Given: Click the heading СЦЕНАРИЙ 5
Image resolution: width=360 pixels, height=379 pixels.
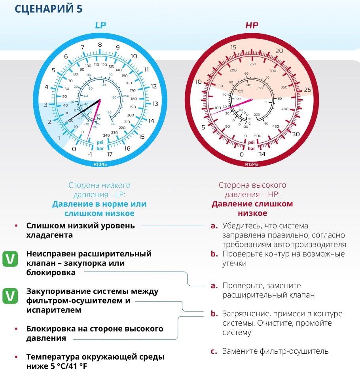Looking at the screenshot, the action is click(x=48, y=9).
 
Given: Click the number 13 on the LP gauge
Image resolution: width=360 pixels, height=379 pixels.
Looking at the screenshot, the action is click(x=155, y=104).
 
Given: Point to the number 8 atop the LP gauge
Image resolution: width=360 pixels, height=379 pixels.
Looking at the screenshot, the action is click(x=100, y=45).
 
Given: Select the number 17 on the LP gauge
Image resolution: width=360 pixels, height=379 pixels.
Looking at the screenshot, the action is click(x=110, y=155).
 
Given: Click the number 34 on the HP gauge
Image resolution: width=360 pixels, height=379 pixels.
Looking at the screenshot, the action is click(x=262, y=154).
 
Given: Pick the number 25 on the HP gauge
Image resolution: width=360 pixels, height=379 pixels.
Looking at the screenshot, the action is click(x=307, y=90).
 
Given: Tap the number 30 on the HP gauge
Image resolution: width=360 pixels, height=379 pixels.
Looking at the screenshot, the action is click(x=296, y=134).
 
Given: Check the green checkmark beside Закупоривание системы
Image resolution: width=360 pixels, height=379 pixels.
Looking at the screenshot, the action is click(x=9, y=296).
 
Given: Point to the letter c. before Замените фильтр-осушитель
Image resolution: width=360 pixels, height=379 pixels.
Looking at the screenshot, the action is click(x=214, y=351).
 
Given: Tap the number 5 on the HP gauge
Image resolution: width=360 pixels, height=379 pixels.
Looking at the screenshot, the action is click(x=203, y=127).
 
